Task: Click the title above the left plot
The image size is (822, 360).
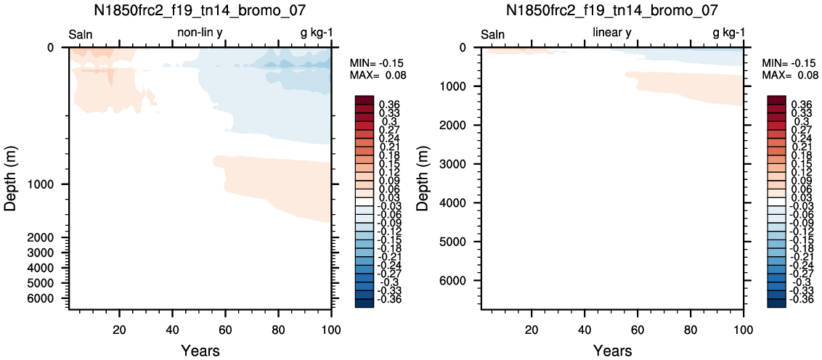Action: [200, 10]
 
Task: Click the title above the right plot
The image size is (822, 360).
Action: [612, 10]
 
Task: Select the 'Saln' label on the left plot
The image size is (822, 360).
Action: [81, 35]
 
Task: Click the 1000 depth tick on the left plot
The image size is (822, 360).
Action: [48, 184]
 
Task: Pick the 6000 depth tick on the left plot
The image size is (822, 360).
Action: [48, 298]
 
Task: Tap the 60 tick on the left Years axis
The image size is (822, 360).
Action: [225, 329]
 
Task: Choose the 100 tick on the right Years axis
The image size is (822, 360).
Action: [744, 329]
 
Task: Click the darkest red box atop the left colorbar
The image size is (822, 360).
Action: [365, 100]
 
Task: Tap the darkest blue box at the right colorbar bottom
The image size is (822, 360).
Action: [776, 303]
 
